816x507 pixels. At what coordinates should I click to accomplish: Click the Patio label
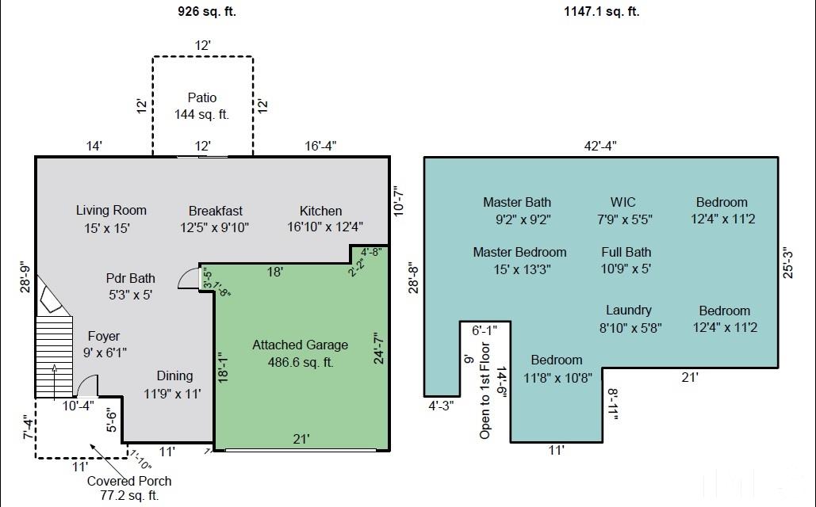click(202, 97)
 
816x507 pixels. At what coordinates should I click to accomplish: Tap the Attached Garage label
click(301, 345)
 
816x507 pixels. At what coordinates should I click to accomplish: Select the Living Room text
click(111, 210)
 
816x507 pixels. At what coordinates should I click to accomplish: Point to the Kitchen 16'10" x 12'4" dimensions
click(325, 227)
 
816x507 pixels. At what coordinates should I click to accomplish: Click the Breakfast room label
click(216, 211)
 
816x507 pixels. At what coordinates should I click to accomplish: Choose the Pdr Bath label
click(131, 278)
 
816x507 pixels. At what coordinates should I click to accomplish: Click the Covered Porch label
click(129, 481)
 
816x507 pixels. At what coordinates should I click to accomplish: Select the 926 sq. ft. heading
click(207, 11)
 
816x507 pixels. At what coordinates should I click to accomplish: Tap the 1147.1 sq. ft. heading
click(602, 11)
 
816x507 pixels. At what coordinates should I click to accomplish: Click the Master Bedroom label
click(519, 252)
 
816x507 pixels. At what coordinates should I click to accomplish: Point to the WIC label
click(623, 202)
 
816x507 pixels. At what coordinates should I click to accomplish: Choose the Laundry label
click(629, 310)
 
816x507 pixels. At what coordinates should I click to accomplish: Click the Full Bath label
click(626, 252)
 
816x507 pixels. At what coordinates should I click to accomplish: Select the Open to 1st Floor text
click(485, 391)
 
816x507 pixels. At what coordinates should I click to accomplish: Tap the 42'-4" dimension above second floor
click(600, 146)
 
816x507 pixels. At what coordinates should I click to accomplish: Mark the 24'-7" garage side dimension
click(379, 349)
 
